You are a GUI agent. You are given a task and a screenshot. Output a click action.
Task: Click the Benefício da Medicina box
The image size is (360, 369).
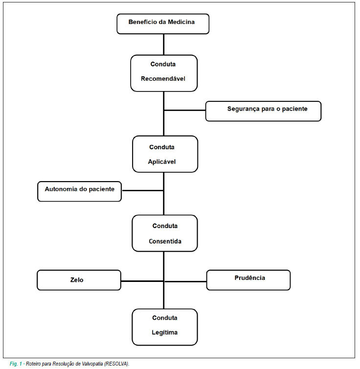(163, 24)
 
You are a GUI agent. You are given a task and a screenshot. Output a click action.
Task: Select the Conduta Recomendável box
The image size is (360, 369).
(164, 73)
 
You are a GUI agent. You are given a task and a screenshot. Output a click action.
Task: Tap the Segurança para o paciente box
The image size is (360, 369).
(263, 111)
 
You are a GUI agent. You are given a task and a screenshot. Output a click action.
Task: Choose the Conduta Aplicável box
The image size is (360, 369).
(165, 154)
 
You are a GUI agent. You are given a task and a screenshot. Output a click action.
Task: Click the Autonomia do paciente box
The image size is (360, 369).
(79, 191)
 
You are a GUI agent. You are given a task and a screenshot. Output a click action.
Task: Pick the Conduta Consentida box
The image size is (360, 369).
(165, 233)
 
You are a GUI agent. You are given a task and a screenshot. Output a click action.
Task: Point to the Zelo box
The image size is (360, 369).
(79, 280)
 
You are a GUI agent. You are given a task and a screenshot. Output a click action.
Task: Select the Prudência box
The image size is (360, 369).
(248, 280)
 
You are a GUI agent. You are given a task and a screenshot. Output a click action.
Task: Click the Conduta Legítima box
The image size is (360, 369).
(165, 327)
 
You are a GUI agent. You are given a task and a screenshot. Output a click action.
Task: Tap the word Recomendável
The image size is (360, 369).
(163, 79)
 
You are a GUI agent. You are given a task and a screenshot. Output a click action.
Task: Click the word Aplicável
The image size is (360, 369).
(162, 161)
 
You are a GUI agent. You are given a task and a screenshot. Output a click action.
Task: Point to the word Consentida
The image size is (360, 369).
(165, 241)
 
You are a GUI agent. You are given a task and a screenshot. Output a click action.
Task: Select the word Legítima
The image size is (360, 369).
(165, 332)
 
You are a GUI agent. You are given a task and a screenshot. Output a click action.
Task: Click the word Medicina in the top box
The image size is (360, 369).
(181, 22)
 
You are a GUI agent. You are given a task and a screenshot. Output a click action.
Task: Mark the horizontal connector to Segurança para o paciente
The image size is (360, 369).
(185, 110)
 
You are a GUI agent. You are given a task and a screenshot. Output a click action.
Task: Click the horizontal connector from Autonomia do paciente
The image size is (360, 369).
(142, 190)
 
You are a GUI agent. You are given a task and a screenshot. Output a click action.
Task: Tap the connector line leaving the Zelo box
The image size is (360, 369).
(142, 281)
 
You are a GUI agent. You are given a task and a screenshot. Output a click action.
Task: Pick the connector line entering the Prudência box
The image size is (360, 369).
(185, 281)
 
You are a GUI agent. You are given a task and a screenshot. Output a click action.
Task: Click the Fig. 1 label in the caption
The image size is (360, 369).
(16, 364)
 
